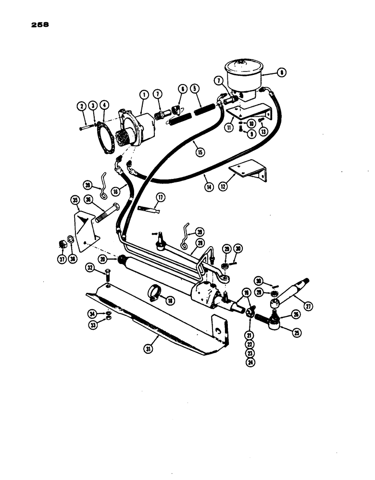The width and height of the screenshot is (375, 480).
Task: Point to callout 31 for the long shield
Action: coord(150,349)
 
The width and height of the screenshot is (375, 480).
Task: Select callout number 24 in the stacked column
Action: coord(250,362)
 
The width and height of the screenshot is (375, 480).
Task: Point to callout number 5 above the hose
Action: coord(195,88)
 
